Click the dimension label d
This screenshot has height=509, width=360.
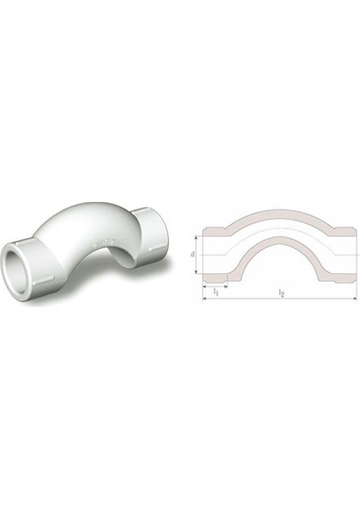click(193, 254)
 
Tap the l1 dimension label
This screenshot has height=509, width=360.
click(216, 291)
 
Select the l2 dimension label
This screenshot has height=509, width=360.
click(281, 294)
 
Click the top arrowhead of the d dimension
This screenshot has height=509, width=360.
click(196, 238)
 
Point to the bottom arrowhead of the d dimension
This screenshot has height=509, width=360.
click(196, 271)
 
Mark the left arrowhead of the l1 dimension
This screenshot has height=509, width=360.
click(205, 287)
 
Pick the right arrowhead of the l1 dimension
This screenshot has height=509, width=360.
click(225, 287)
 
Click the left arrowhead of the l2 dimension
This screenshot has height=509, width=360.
click(205, 298)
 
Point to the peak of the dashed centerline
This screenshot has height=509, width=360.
click(279, 228)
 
